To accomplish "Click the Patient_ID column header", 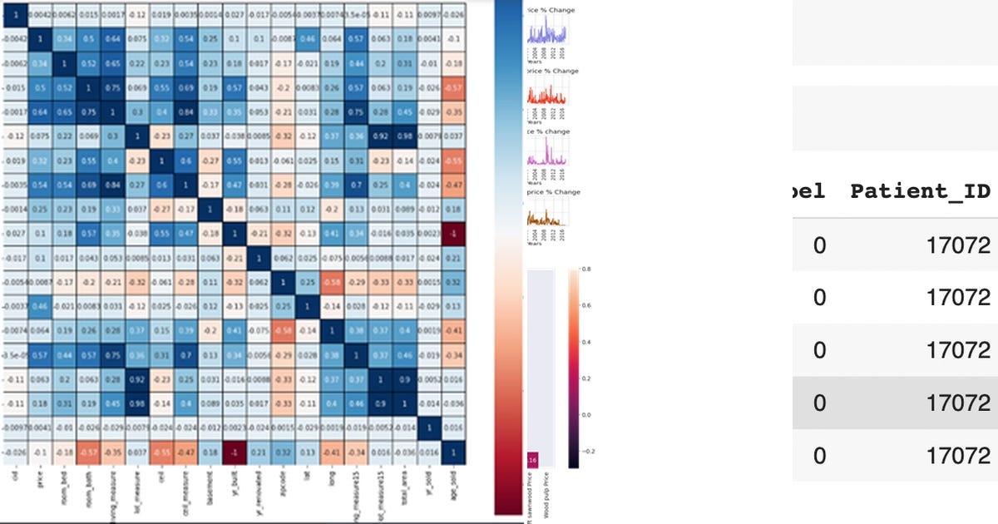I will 920,191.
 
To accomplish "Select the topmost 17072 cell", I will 961,245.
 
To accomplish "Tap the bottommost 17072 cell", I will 961,456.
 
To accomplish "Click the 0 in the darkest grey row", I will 819,403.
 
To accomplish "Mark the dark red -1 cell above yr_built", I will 236,452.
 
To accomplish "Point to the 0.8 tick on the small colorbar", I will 585,269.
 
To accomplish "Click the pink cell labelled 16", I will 532,461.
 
